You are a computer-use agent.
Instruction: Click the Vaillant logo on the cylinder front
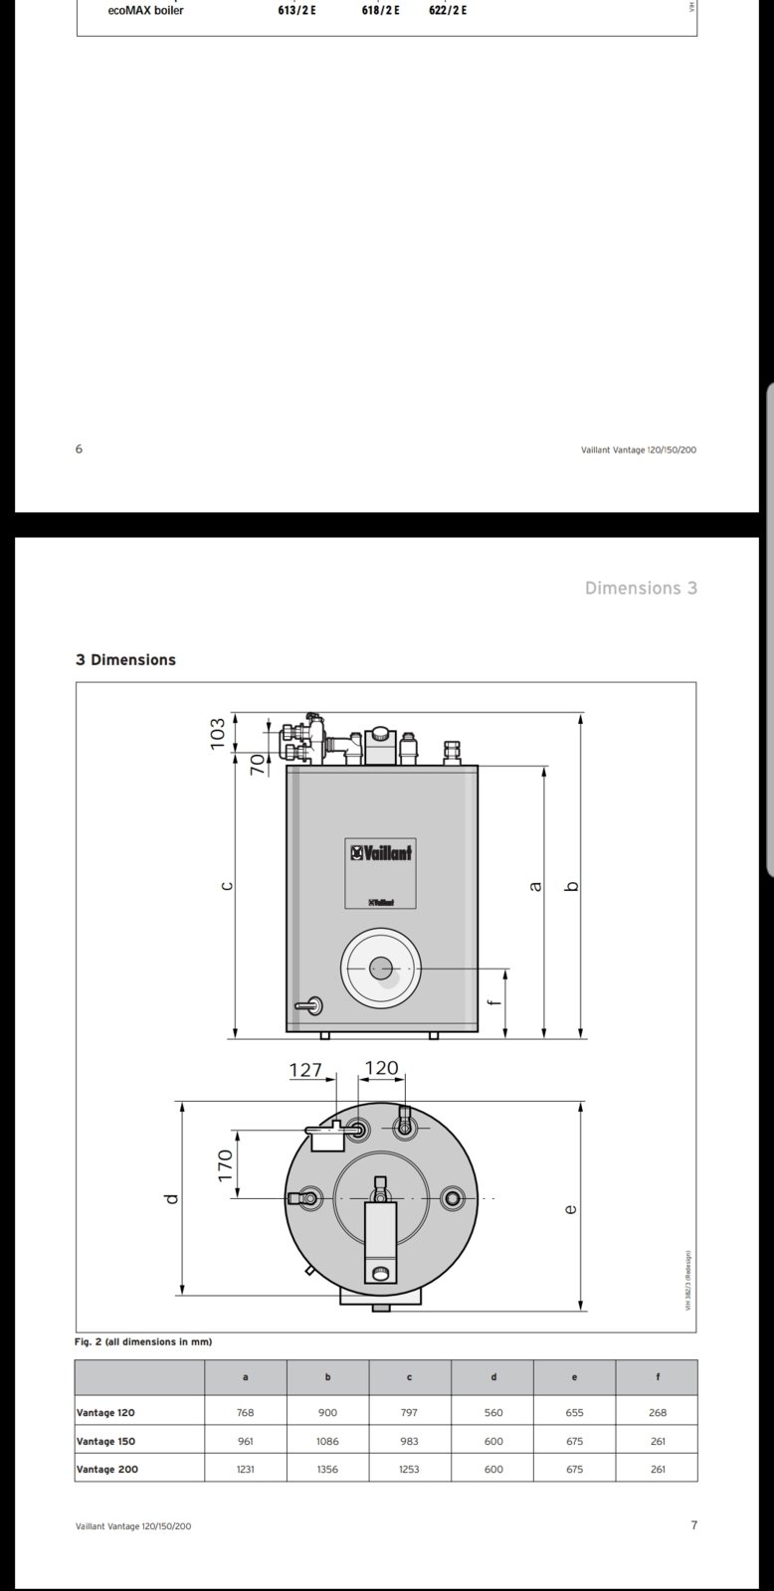click(380, 852)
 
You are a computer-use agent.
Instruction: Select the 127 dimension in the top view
click(305, 1070)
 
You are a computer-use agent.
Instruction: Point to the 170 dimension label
click(225, 1164)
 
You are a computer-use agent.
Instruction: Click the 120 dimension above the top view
click(381, 1068)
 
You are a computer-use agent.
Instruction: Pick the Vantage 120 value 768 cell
click(246, 1412)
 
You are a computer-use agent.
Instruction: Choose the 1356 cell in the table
click(327, 1469)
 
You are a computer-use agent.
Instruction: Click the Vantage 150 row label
click(105, 1441)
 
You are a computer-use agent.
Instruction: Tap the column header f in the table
click(657, 1377)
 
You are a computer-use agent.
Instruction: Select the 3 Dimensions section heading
click(125, 659)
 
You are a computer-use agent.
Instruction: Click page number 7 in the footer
click(693, 1525)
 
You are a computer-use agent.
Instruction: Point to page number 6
click(80, 448)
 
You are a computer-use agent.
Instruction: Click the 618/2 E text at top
click(381, 10)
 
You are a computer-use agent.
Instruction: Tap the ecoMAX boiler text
click(145, 10)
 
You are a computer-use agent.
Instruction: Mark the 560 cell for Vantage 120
click(493, 1412)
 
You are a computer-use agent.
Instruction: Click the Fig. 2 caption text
click(143, 1341)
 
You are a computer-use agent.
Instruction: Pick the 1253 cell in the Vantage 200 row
click(409, 1469)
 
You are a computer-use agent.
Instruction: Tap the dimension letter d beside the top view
click(172, 1198)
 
